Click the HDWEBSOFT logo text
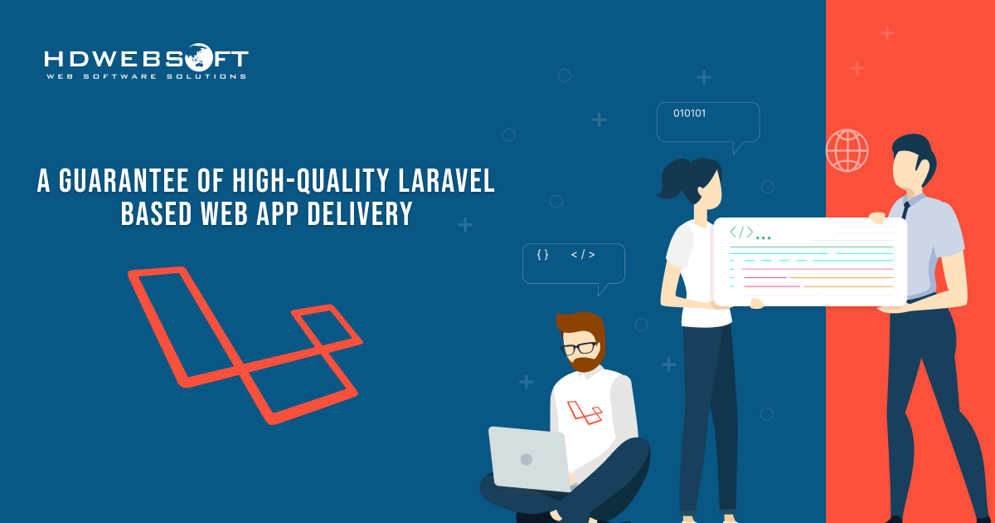click(146, 60)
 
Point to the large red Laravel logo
click(245, 340)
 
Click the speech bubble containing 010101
click(707, 122)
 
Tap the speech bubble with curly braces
click(573, 264)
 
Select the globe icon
click(847, 150)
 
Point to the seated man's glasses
click(580, 347)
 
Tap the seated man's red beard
click(587, 363)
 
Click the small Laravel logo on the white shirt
click(585, 412)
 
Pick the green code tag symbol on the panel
click(741, 232)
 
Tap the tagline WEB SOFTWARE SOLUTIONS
click(146, 76)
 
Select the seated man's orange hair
click(582, 324)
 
